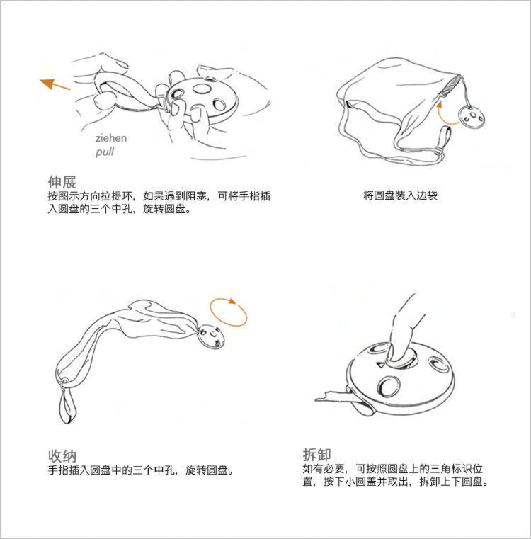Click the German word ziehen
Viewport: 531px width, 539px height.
[111, 138]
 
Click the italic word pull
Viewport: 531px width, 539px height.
[105, 152]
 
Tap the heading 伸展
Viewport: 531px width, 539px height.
[62, 181]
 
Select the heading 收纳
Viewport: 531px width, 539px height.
[62, 456]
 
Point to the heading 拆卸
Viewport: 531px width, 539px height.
[316, 455]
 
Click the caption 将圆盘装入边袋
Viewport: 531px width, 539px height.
[401, 195]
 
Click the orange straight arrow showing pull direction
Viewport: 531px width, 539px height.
[55, 84]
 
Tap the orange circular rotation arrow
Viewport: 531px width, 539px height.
[229, 312]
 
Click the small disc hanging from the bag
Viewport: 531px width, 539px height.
[472, 117]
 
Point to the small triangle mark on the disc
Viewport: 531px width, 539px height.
[380, 364]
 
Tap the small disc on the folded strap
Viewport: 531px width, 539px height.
[212, 336]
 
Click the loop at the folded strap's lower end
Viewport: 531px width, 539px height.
[68, 404]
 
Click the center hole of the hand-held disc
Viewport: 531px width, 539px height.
[202, 89]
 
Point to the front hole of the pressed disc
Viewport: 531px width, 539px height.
[389, 385]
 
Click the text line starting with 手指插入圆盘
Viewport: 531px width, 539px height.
[141, 470]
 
